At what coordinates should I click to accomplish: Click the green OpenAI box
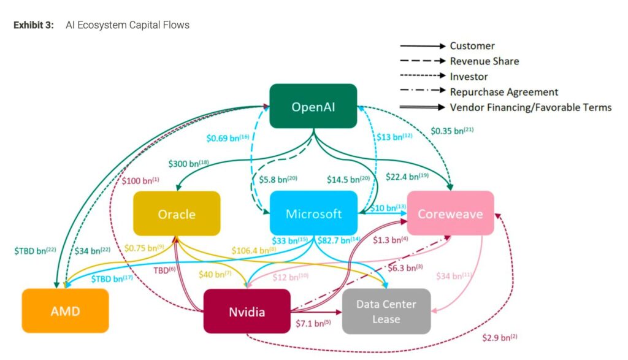pos(313,106)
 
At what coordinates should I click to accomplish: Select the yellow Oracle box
pos(177,213)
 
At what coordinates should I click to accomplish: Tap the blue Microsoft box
pos(313,213)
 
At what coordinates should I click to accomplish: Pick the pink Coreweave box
pos(450,213)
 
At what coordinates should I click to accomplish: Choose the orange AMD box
pos(65,311)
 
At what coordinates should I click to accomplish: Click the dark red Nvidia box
pos(247,312)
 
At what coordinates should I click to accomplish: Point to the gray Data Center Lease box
pos(386,312)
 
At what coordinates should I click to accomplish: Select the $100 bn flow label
pos(140,180)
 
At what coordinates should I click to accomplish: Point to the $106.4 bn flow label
pos(253,250)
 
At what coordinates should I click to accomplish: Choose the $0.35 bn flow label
pos(451,131)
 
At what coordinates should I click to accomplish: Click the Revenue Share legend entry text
pos(484,61)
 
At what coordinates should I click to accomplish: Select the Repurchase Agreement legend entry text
pos(504,92)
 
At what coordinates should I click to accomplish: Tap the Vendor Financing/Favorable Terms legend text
pos(530,107)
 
